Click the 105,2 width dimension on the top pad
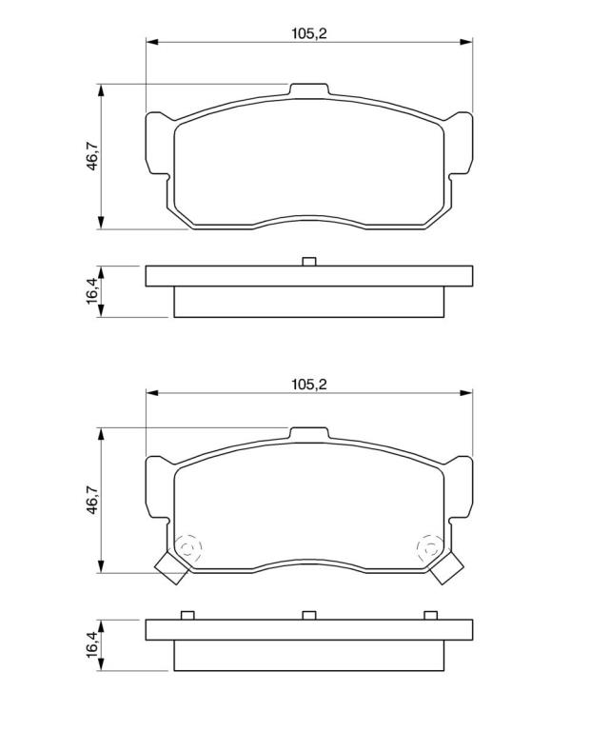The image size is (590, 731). pyautogui.click(x=309, y=33)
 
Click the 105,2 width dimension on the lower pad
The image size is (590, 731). pyautogui.click(x=309, y=385)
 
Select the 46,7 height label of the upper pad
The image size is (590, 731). pyautogui.click(x=92, y=156)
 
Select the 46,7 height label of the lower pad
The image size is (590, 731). pyautogui.click(x=92, y=500)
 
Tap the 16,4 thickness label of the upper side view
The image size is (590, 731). pyautogui.click(x=91, y=291)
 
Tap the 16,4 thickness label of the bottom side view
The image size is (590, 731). pyautogui.click(x=91, y=644)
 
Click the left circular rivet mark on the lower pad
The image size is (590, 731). pyautogui.click(x=187, y=548)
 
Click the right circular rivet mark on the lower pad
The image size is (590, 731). pyautogui.click(x=430, y=548)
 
